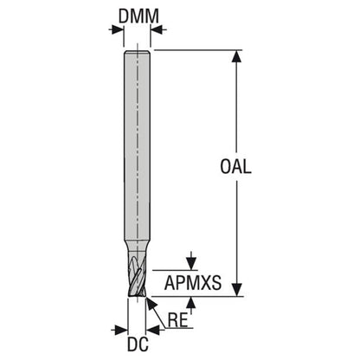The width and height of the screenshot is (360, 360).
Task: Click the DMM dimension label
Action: point(138,16)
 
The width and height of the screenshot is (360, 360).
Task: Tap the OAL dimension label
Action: point(235,166)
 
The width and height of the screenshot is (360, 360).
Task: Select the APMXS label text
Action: point(193,283)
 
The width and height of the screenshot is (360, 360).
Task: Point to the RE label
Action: point(178,320)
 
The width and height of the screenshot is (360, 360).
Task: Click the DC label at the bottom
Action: point(138,344)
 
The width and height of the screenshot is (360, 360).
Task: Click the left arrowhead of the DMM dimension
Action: point(118,29)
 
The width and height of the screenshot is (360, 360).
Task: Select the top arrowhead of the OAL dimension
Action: point(237,56)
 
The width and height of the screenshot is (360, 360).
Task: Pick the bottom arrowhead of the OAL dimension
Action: point(237,290)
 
